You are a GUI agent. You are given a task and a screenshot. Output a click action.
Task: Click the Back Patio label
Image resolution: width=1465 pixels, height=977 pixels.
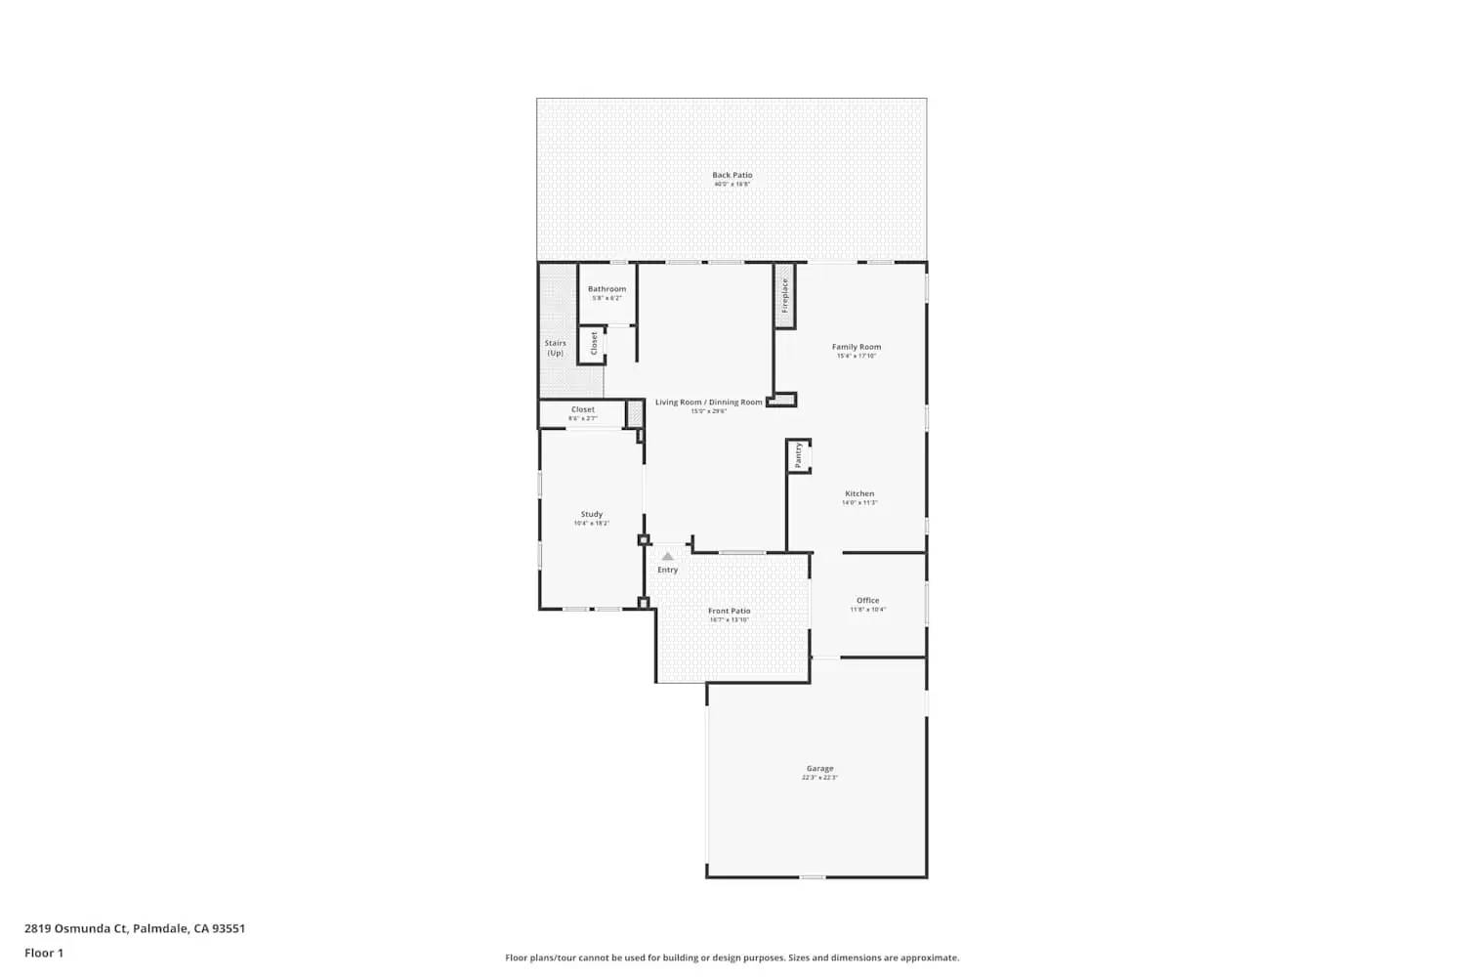732,175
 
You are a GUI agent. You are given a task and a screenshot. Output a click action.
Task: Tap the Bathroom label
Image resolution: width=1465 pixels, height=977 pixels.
607,289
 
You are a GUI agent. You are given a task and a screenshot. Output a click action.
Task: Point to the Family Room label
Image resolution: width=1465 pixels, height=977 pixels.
857,347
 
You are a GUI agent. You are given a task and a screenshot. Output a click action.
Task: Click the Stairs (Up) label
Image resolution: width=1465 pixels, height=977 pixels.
555,348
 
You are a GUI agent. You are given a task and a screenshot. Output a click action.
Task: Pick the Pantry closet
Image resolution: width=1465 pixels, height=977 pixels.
799,455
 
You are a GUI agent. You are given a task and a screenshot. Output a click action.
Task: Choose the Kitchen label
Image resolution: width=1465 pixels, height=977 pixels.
859,493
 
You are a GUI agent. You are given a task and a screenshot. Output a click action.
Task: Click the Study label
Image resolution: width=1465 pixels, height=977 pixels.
592,514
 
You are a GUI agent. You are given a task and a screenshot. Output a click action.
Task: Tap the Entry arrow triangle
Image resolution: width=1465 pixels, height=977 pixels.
667,556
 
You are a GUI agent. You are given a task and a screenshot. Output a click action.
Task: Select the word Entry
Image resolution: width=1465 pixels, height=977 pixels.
667,570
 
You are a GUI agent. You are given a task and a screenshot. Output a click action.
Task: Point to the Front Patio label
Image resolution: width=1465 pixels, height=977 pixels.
730,611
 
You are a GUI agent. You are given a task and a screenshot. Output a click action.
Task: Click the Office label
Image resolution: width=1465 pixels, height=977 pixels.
867,601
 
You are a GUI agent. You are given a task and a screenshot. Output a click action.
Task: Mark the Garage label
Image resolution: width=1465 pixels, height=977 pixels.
819,769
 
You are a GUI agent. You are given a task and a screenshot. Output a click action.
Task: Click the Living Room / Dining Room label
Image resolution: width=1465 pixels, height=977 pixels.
708,403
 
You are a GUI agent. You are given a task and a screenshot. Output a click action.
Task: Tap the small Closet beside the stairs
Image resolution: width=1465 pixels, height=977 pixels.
593,344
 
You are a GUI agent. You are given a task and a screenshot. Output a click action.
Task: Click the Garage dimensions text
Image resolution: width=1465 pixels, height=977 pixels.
819,778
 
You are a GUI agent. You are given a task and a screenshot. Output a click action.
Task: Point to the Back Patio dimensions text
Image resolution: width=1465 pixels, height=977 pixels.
732,184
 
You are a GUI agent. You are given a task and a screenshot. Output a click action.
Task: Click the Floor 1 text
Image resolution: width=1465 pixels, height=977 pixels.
44,953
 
